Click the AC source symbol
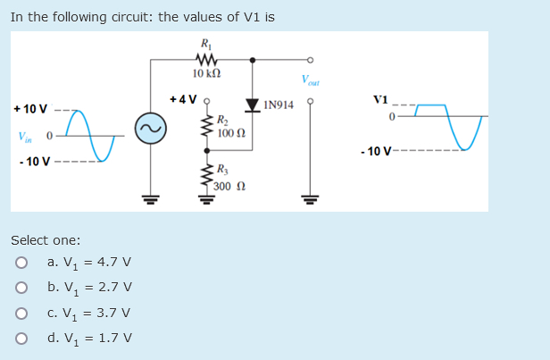pos(148,131)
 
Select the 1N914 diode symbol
pos(254,106)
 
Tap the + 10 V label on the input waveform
pos(30,109)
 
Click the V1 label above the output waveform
pos(381,98)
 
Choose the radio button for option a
pos(18,263)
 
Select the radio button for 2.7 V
pos(18,288)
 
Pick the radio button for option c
pos(18,313)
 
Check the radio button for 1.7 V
pos(18,338)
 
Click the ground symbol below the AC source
pos(148,198)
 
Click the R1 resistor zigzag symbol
pos(207,61)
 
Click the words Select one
pos(45,240)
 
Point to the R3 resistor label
pos(223,173)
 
